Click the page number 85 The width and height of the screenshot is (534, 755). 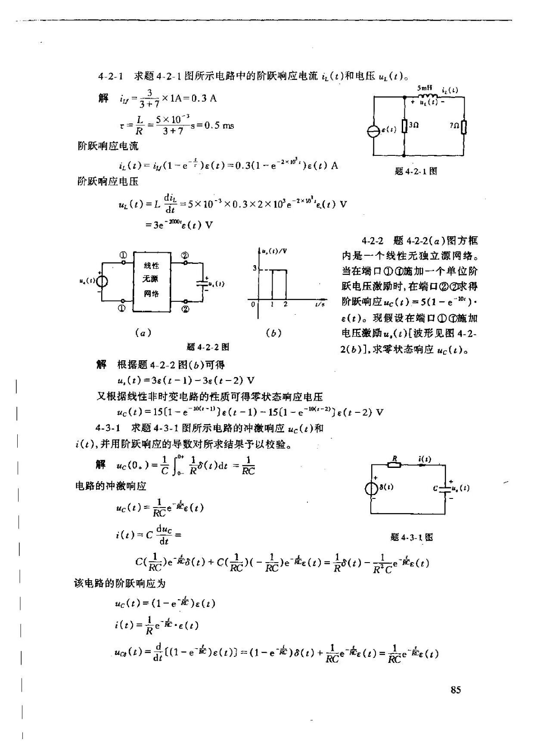tap(456, 690)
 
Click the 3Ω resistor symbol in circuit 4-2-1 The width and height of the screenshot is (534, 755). tap(404, 126)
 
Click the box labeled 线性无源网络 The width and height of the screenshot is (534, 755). tap(151, 280)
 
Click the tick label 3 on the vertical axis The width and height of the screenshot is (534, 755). tap(255, 269)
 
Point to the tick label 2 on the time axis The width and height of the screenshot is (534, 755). tap(285, 304)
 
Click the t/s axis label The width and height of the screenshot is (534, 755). tap(320, 304)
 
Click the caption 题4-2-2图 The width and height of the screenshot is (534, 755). tap(208, 347)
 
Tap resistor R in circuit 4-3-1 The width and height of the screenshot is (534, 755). tap(394, 464)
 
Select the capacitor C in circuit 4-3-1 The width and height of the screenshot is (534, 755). tap(445, 488)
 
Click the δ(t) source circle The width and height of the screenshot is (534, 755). tap(370, 489)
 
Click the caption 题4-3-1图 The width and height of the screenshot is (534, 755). tap(411, 537)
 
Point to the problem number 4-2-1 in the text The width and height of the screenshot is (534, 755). tap(111, 77)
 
